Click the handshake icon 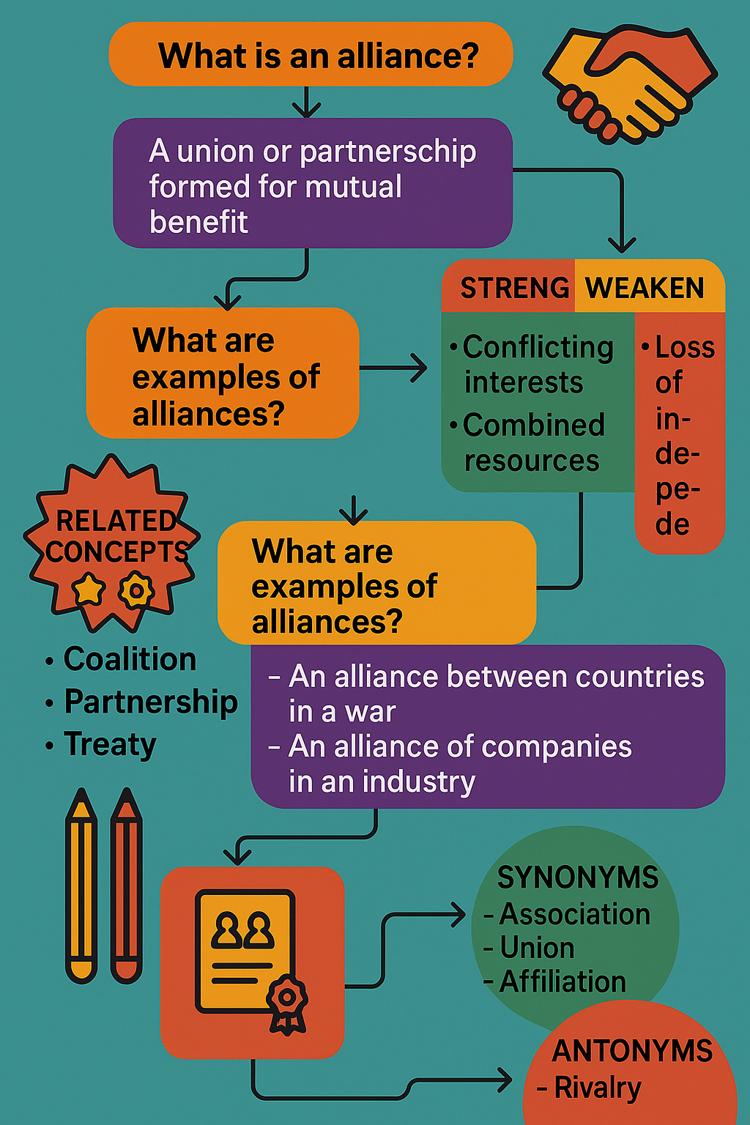pyautogui.click(x=629, y=84)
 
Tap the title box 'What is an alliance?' pyautogui.click(x=311, y=56)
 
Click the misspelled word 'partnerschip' pyautogui.click(x=387, y=152)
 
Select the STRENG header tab pyautogui.click(x=513, y=288)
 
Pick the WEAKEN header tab pyautogui.click(x=645, y=288)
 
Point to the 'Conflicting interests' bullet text pyautogui.click(x=532, y=365)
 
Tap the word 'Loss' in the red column pyautogui.click(x=685, y=348)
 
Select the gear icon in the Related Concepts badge pyautogui.click(x=136, y=590)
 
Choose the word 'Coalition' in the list pyautogui.click(x=130, y=659)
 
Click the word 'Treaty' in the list pyautogui.click(x=110, y=744)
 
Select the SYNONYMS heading pyautogui.click(x=577, y=877)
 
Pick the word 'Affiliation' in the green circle pyautogui.click(x=562, y=981)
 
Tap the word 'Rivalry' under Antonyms pyautogui.click(x=597, y=1088)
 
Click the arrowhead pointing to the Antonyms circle pyautogui.click(x=504, y=1079)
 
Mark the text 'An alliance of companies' pyautogui.click(x=460, y=746)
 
